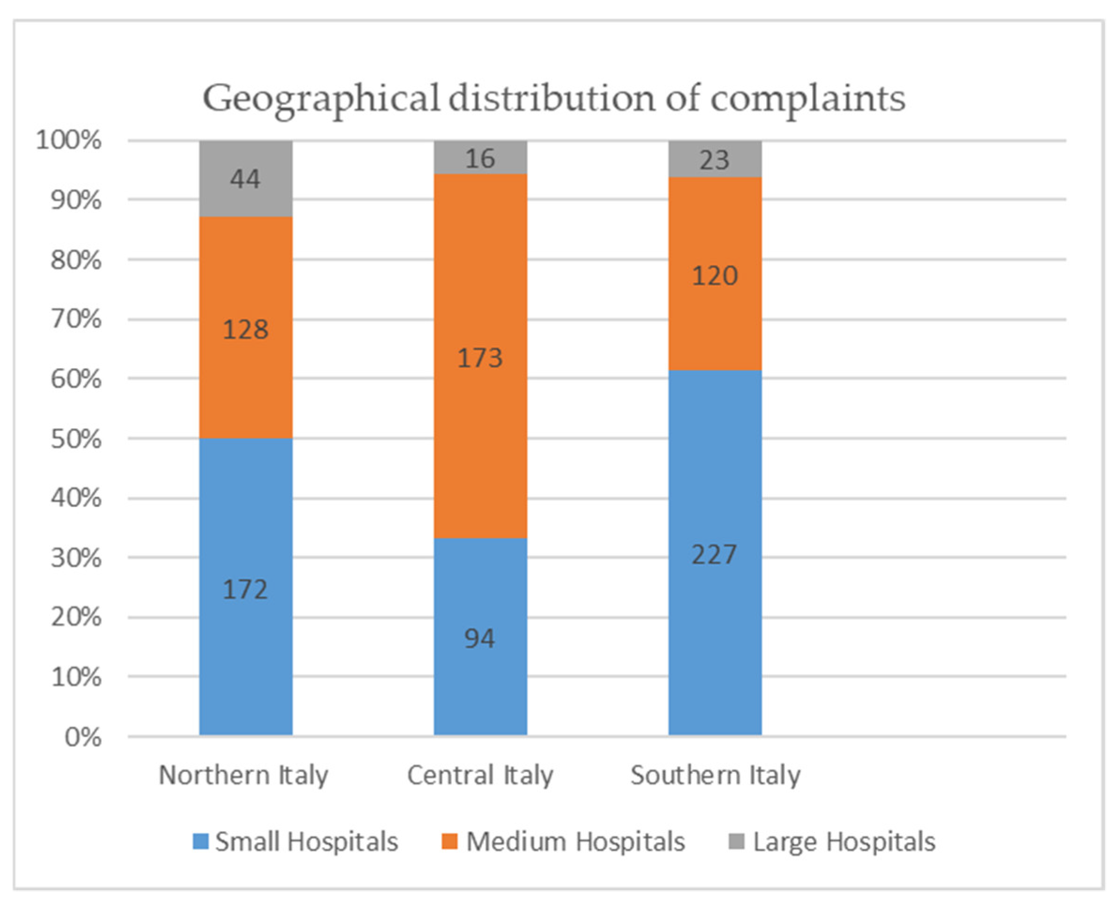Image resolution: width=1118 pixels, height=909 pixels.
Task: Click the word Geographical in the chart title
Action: point(320,99)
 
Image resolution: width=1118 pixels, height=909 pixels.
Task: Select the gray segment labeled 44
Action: point(245,179)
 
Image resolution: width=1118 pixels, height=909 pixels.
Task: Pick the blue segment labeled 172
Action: point(245,589)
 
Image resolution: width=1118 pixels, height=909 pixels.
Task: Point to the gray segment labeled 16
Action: point(480,158)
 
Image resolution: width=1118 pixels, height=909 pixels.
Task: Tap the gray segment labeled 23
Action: point(715,159)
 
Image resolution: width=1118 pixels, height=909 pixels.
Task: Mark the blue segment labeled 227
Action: point(715,554)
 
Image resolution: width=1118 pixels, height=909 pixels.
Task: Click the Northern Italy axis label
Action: point(243,775)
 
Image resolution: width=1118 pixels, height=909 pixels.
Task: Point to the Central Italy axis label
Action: point(480,775)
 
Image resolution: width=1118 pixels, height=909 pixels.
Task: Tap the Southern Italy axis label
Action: point(715,775)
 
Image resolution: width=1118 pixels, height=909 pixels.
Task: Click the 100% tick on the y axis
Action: point(68,140)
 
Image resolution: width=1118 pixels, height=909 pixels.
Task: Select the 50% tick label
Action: point(76,439)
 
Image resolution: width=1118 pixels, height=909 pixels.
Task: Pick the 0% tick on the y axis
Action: point(83,738)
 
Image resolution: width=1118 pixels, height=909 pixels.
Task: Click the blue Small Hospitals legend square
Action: point(200,841)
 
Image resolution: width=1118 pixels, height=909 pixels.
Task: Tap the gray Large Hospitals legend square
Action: point(736,841)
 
